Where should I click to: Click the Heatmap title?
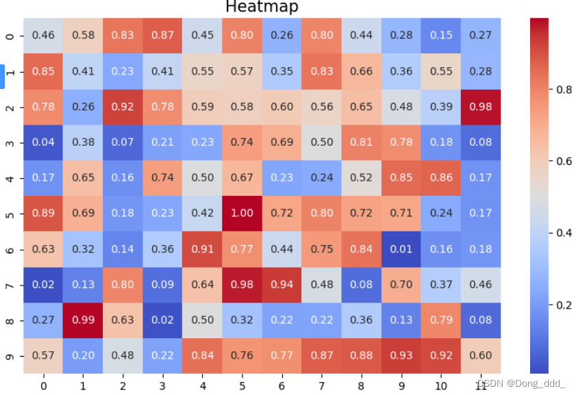click(262, 7)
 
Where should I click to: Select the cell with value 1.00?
click(242, 212)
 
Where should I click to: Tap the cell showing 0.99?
click(83, 319)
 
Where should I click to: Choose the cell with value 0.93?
click(401, 355)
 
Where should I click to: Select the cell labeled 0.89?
click(43, 212)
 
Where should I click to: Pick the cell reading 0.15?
click(441, 34)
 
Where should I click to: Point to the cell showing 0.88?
click(362, 355)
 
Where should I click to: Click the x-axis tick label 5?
click(242, 385)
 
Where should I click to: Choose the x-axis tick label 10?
click(441, 385)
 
